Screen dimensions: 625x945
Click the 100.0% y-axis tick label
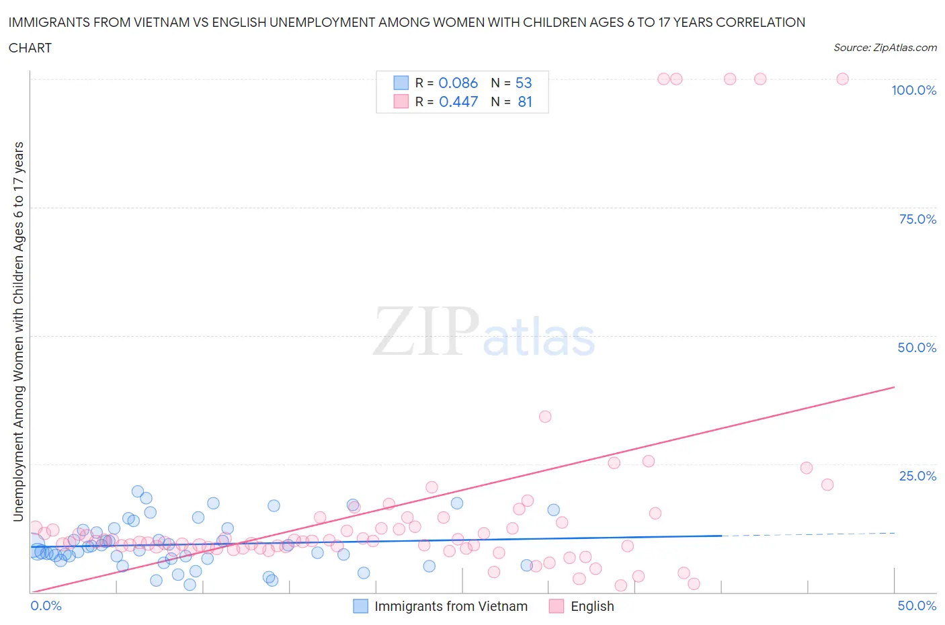913,90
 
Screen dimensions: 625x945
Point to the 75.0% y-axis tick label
917,219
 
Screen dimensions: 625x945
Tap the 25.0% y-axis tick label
917,476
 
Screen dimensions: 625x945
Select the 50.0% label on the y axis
917,347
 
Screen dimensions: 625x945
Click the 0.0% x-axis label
46,606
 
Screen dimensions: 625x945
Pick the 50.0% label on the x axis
917,606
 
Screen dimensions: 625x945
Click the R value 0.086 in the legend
458,83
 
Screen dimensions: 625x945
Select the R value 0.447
458,101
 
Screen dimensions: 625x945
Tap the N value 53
524,83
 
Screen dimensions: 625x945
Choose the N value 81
525,101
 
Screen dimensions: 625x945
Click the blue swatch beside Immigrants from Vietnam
361,606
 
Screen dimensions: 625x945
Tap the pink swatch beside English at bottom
557,606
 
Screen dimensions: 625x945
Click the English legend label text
592,606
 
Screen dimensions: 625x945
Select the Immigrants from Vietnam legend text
451,606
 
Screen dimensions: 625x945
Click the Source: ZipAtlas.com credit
885,47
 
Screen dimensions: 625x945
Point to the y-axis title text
18,331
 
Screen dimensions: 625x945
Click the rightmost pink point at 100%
842,79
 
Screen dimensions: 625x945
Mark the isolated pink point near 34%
545,417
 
